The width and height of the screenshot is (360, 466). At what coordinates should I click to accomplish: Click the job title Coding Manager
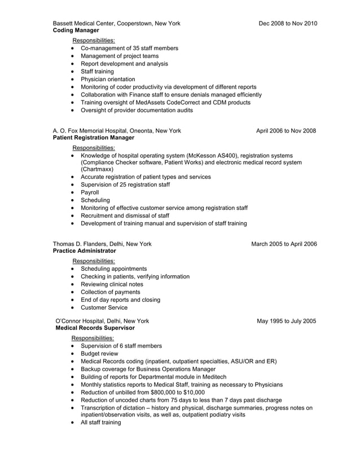[x=76, y=30]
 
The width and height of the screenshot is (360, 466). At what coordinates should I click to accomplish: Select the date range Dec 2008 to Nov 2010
[x=288, y=23]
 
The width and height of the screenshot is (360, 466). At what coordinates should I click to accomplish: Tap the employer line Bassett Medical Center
[x=116, y=23]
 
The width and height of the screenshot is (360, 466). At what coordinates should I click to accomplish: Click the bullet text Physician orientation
[x=108, y=80]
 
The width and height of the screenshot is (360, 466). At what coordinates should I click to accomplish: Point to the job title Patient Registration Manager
[x=93, y=138]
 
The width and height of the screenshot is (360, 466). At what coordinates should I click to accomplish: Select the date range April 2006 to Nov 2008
[x=286, y=131]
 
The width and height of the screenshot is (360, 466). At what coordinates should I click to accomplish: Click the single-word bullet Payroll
[x=90, y=192]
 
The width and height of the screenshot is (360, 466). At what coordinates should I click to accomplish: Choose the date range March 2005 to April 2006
[x=284, y=244]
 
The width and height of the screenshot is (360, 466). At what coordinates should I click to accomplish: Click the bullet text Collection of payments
[x=111, y=292]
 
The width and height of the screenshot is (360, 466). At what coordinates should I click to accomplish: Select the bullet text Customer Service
[x=104, y=308]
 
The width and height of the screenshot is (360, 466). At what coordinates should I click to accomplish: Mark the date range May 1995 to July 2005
[x=286, y=321]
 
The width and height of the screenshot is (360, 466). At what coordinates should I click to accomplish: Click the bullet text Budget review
[x=99, y=354]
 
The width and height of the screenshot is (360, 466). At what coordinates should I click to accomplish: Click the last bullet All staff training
[x=100, y=423]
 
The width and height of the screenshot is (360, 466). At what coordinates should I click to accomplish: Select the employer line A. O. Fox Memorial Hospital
[x=117, y=131]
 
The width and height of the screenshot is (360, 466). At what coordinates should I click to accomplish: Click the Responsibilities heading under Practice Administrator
[x=93, y=261]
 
